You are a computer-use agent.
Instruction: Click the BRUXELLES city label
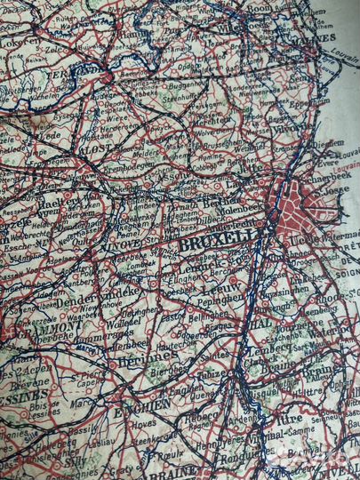213,241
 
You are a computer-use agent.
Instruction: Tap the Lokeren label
20,42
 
